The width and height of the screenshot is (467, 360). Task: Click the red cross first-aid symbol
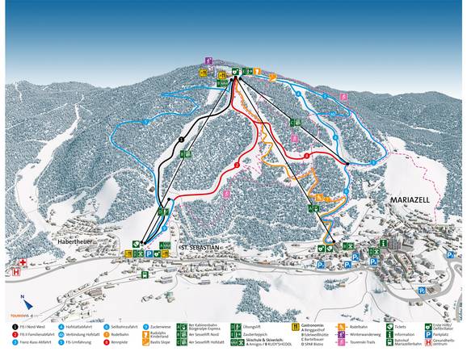[23, 262]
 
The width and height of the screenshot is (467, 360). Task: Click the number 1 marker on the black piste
[182, 140]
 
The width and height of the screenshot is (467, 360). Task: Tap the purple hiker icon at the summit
[208, 61]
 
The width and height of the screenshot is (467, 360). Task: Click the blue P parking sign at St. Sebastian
[149, 253]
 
